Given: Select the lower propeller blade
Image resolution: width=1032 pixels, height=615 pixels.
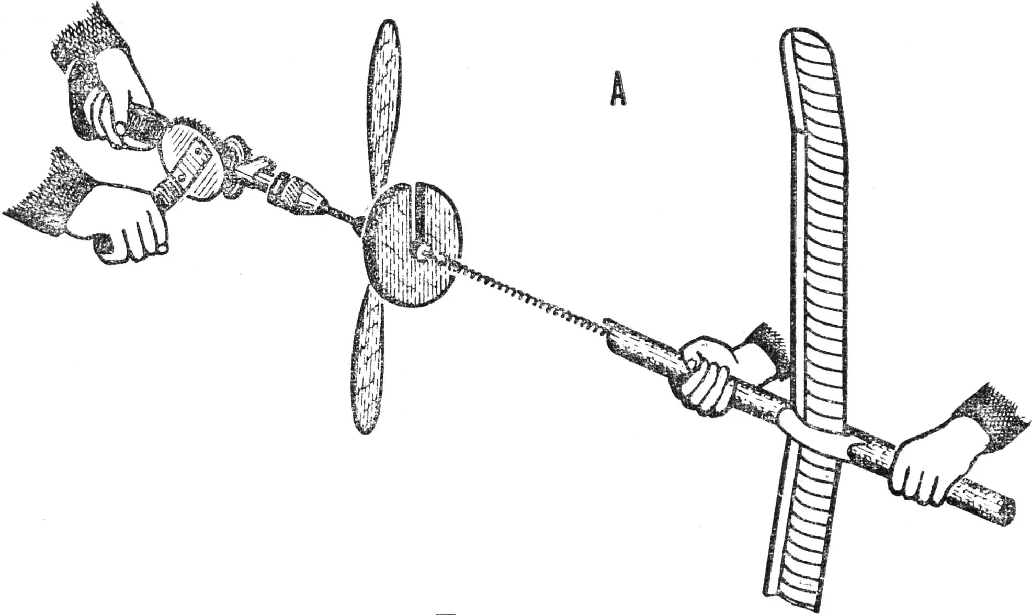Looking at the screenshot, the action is click(x=369, y=361).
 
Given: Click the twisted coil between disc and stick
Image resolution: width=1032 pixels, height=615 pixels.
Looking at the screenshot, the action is click(x=523, y=293).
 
